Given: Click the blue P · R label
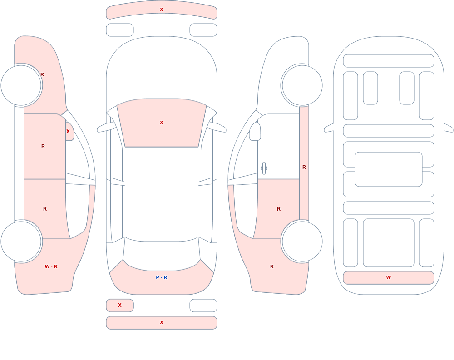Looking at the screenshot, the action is pos(162,277).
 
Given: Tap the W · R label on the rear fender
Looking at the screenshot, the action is pos(51,266).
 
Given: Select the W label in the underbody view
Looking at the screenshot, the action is pos(389,277).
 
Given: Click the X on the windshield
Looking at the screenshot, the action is pos(162,123).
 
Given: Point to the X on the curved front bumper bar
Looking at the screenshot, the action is pos(162,10).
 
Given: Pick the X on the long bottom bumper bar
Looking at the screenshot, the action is pos(162,322).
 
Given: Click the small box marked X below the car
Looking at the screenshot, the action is pos(120,305).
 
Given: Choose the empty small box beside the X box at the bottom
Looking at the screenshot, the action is pos(203,305).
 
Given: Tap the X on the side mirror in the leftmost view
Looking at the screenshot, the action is pos(68,131).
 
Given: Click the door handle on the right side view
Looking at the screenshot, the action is pos(264,168).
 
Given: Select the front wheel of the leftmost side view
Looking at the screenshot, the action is pos(21,85).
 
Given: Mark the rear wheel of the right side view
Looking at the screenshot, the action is pos(302,241).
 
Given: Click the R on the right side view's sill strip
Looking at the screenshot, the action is pos(304,167).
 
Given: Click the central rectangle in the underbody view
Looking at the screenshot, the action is pos(389,169).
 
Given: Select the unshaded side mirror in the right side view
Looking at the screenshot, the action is pos(255,132).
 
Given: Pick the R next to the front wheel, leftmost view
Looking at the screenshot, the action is pos(42,74).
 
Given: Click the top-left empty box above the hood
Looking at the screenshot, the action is pos(120,30).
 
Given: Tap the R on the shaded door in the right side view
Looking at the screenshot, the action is pos(279,209).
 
